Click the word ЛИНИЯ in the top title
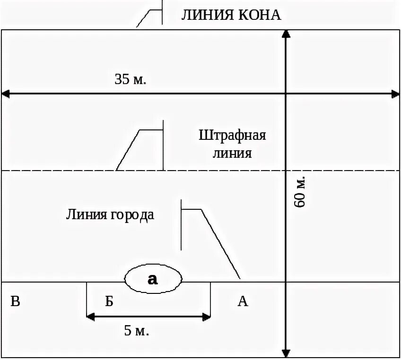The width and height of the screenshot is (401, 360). [204, 15]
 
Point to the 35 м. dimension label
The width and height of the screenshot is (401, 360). [131, 78]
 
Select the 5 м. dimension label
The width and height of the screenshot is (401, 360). [137, 330]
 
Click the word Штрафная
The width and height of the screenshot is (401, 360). [232, 136]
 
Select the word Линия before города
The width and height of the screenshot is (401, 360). [86, 214]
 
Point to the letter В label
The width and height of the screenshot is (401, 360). [15, 301]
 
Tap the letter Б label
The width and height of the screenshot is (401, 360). [109, 301]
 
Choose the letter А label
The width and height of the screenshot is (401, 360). [243, 301]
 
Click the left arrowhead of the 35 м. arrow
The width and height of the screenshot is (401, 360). [5, 94]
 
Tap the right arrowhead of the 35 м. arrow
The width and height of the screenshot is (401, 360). [396, 94]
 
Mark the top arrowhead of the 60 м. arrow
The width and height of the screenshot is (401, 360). [286, 33]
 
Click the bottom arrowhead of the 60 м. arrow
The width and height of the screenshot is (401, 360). [286, 353]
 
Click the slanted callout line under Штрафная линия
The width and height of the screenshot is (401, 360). [127, 150]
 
